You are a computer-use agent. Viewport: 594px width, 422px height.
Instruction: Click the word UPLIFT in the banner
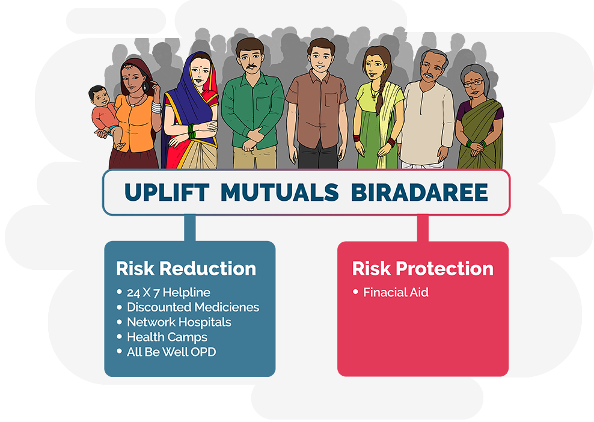coord(167,192)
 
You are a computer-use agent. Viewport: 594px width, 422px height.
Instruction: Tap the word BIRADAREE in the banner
coord(420,192)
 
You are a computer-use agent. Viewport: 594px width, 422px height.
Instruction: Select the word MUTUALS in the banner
coord(280,192)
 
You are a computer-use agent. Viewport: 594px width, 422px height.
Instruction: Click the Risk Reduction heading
coord(186,269)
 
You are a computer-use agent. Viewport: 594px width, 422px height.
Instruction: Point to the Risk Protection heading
coord(423,269)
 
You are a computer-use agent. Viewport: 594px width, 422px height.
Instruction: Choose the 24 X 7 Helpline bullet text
coord(168,292)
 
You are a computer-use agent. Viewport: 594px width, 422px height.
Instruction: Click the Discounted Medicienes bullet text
coord(193,307)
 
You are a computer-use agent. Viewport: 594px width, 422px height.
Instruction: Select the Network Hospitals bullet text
coord(179,322)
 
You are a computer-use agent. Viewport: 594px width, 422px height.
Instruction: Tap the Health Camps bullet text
coord(167,337)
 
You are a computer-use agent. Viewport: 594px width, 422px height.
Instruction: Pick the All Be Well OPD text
coord(171,352)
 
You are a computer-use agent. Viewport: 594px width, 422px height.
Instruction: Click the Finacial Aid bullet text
coord(396,292)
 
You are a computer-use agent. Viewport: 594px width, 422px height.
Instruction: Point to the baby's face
coord(100,97)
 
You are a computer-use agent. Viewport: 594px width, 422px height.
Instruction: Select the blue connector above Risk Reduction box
coord(190,228)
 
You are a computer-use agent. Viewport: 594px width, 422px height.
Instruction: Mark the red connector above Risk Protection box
coord(423,228)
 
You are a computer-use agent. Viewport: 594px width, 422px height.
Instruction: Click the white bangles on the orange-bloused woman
coord(156,107)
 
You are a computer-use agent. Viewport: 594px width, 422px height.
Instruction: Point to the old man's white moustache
coord(429,75)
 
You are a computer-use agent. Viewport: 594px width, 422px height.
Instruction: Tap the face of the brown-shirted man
coord(321,58)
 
